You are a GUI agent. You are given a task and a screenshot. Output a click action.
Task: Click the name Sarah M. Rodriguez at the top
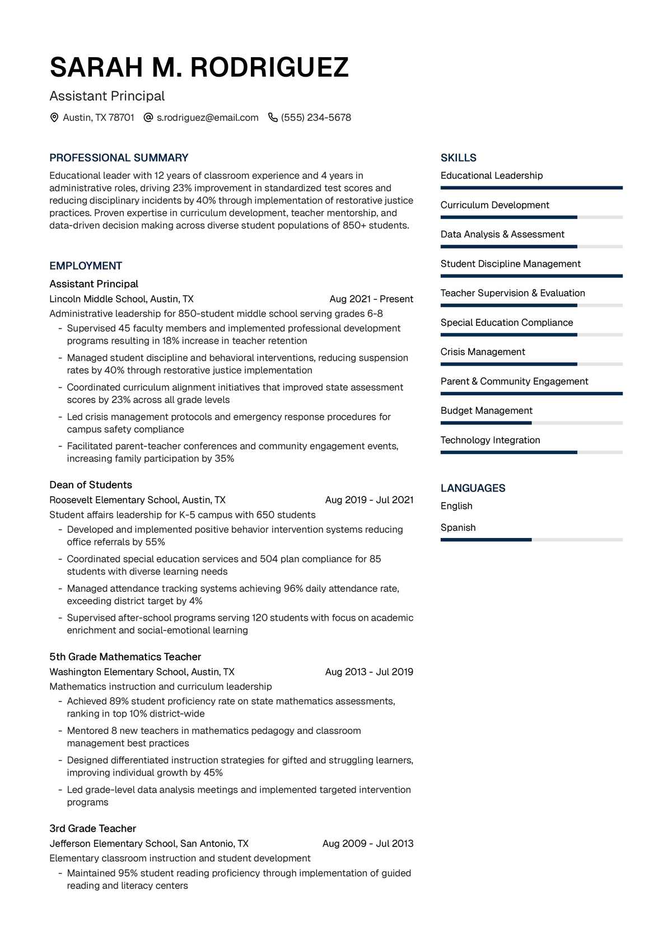point(199,68)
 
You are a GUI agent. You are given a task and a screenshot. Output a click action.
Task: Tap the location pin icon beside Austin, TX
point(54,118)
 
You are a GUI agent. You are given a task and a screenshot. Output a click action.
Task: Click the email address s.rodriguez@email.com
point(207,118)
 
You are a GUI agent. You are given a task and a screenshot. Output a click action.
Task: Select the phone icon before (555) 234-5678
point(273,118)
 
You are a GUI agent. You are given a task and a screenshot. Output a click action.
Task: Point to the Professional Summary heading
point(119,158)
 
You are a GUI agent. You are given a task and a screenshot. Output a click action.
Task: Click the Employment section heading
point(86,266)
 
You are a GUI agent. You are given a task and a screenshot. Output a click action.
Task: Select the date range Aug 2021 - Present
point(371,299)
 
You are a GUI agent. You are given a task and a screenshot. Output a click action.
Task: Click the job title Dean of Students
point(91,485)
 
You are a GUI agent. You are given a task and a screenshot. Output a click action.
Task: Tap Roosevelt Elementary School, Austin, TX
point(137,500)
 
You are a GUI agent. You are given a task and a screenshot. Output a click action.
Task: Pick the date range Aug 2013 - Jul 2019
point(369,672)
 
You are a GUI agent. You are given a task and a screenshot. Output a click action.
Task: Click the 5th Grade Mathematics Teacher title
point(125,657)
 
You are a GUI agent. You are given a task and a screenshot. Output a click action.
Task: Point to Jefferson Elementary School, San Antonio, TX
point(149,844)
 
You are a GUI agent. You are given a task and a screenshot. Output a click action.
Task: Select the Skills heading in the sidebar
point(458,158)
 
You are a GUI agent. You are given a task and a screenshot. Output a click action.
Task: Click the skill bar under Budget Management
point(531,423)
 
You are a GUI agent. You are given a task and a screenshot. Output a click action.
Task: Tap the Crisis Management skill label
point(483,352)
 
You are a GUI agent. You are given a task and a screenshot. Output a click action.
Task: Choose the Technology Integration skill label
point(490,440)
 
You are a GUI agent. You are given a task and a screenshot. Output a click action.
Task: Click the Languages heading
point(473,488)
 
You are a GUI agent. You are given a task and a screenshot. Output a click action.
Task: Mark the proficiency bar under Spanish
point(531,540)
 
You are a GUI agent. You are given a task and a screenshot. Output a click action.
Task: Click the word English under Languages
point(456,506)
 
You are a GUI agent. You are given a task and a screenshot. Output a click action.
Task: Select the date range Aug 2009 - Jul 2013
point(368,844)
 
